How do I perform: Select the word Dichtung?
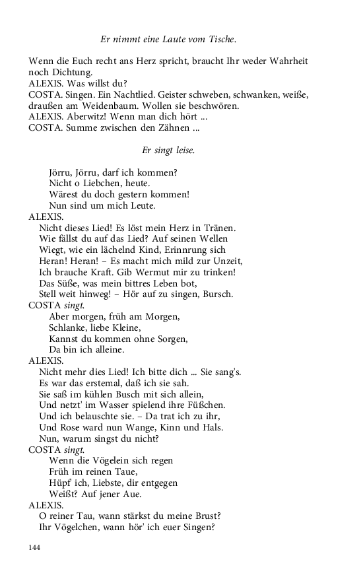click(73, 73)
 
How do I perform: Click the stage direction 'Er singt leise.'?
click(168, 151)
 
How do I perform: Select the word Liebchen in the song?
click(90, 184)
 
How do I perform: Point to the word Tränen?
click(220, 228)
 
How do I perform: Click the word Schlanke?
click(67, 328)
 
